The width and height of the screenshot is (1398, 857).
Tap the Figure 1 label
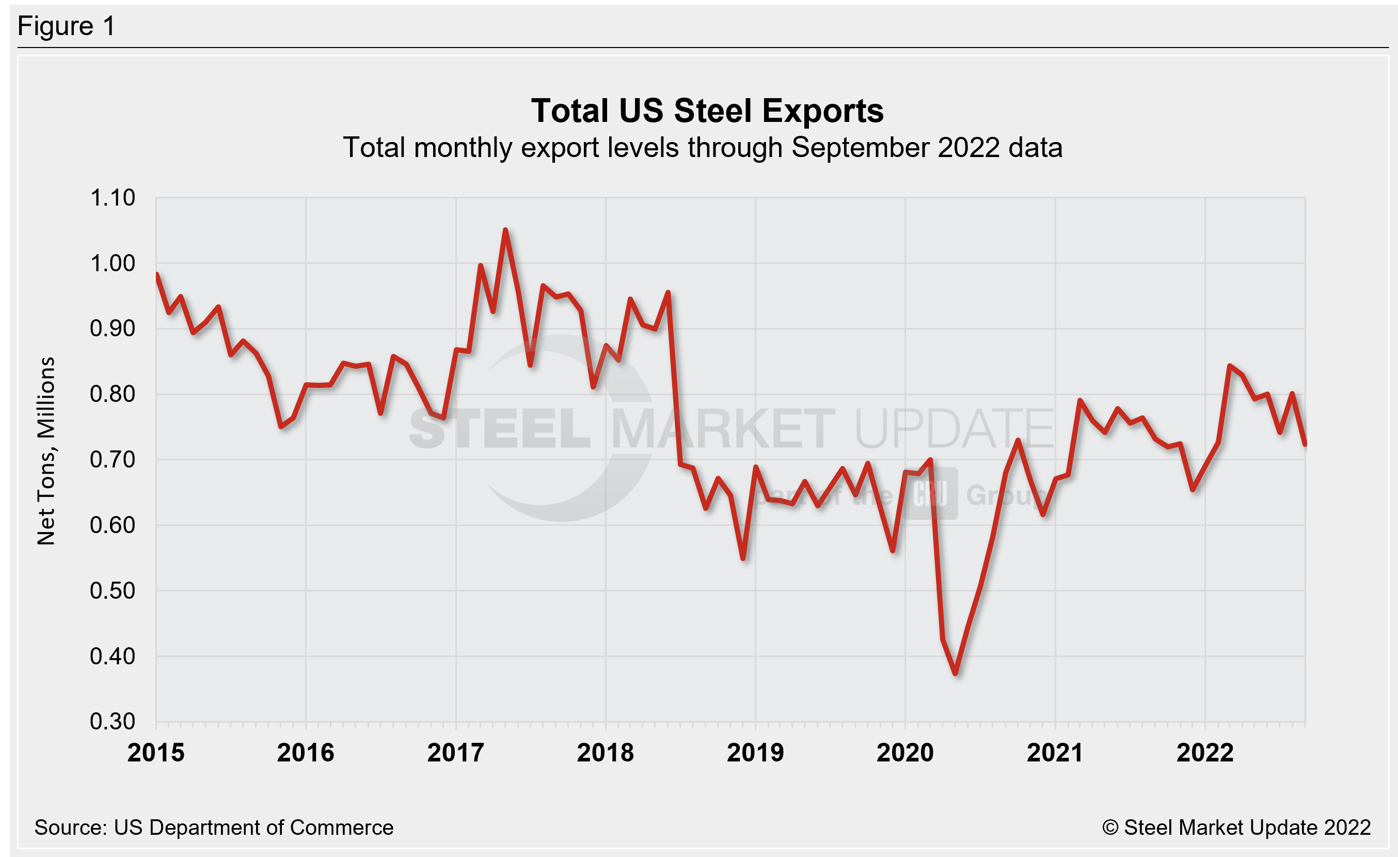tap(67, 26)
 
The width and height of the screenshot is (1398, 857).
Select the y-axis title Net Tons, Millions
tap(46, 451)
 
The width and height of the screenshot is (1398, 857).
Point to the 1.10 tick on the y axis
tap(113, 198)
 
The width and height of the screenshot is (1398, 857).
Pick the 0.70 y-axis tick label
tap(113, 459)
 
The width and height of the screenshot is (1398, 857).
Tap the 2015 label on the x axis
tap(156, 753)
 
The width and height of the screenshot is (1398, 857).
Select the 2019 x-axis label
tap(755, 753)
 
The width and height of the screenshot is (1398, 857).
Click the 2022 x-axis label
tap(1204, 753)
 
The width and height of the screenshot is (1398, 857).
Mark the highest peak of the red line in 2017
tap(505, 230)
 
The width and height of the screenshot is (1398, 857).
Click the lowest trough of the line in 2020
tap(956, 673)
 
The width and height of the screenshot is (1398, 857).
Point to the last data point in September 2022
tap(1305, 444)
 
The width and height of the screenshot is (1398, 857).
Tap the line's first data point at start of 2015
tap(156, 275)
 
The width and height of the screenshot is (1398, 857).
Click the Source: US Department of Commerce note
tap(214, 828)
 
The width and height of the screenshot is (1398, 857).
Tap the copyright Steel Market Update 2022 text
tap(1236, 828)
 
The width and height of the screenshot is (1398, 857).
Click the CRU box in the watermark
tap(930, 494)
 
